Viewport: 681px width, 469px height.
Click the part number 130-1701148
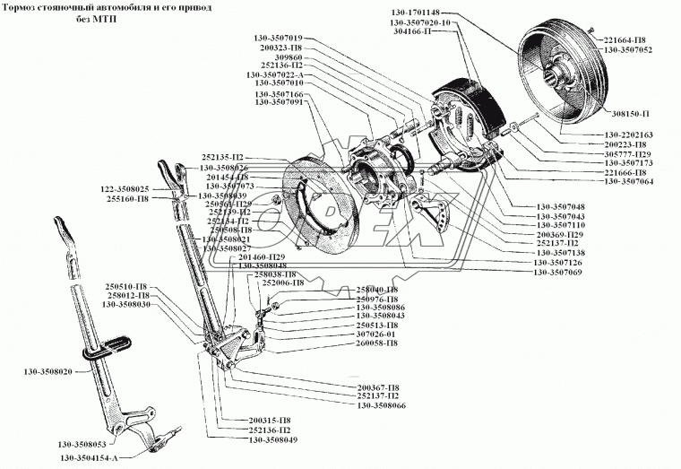pos(415,12)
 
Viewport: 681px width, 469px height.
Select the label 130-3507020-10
pos(426,21)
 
